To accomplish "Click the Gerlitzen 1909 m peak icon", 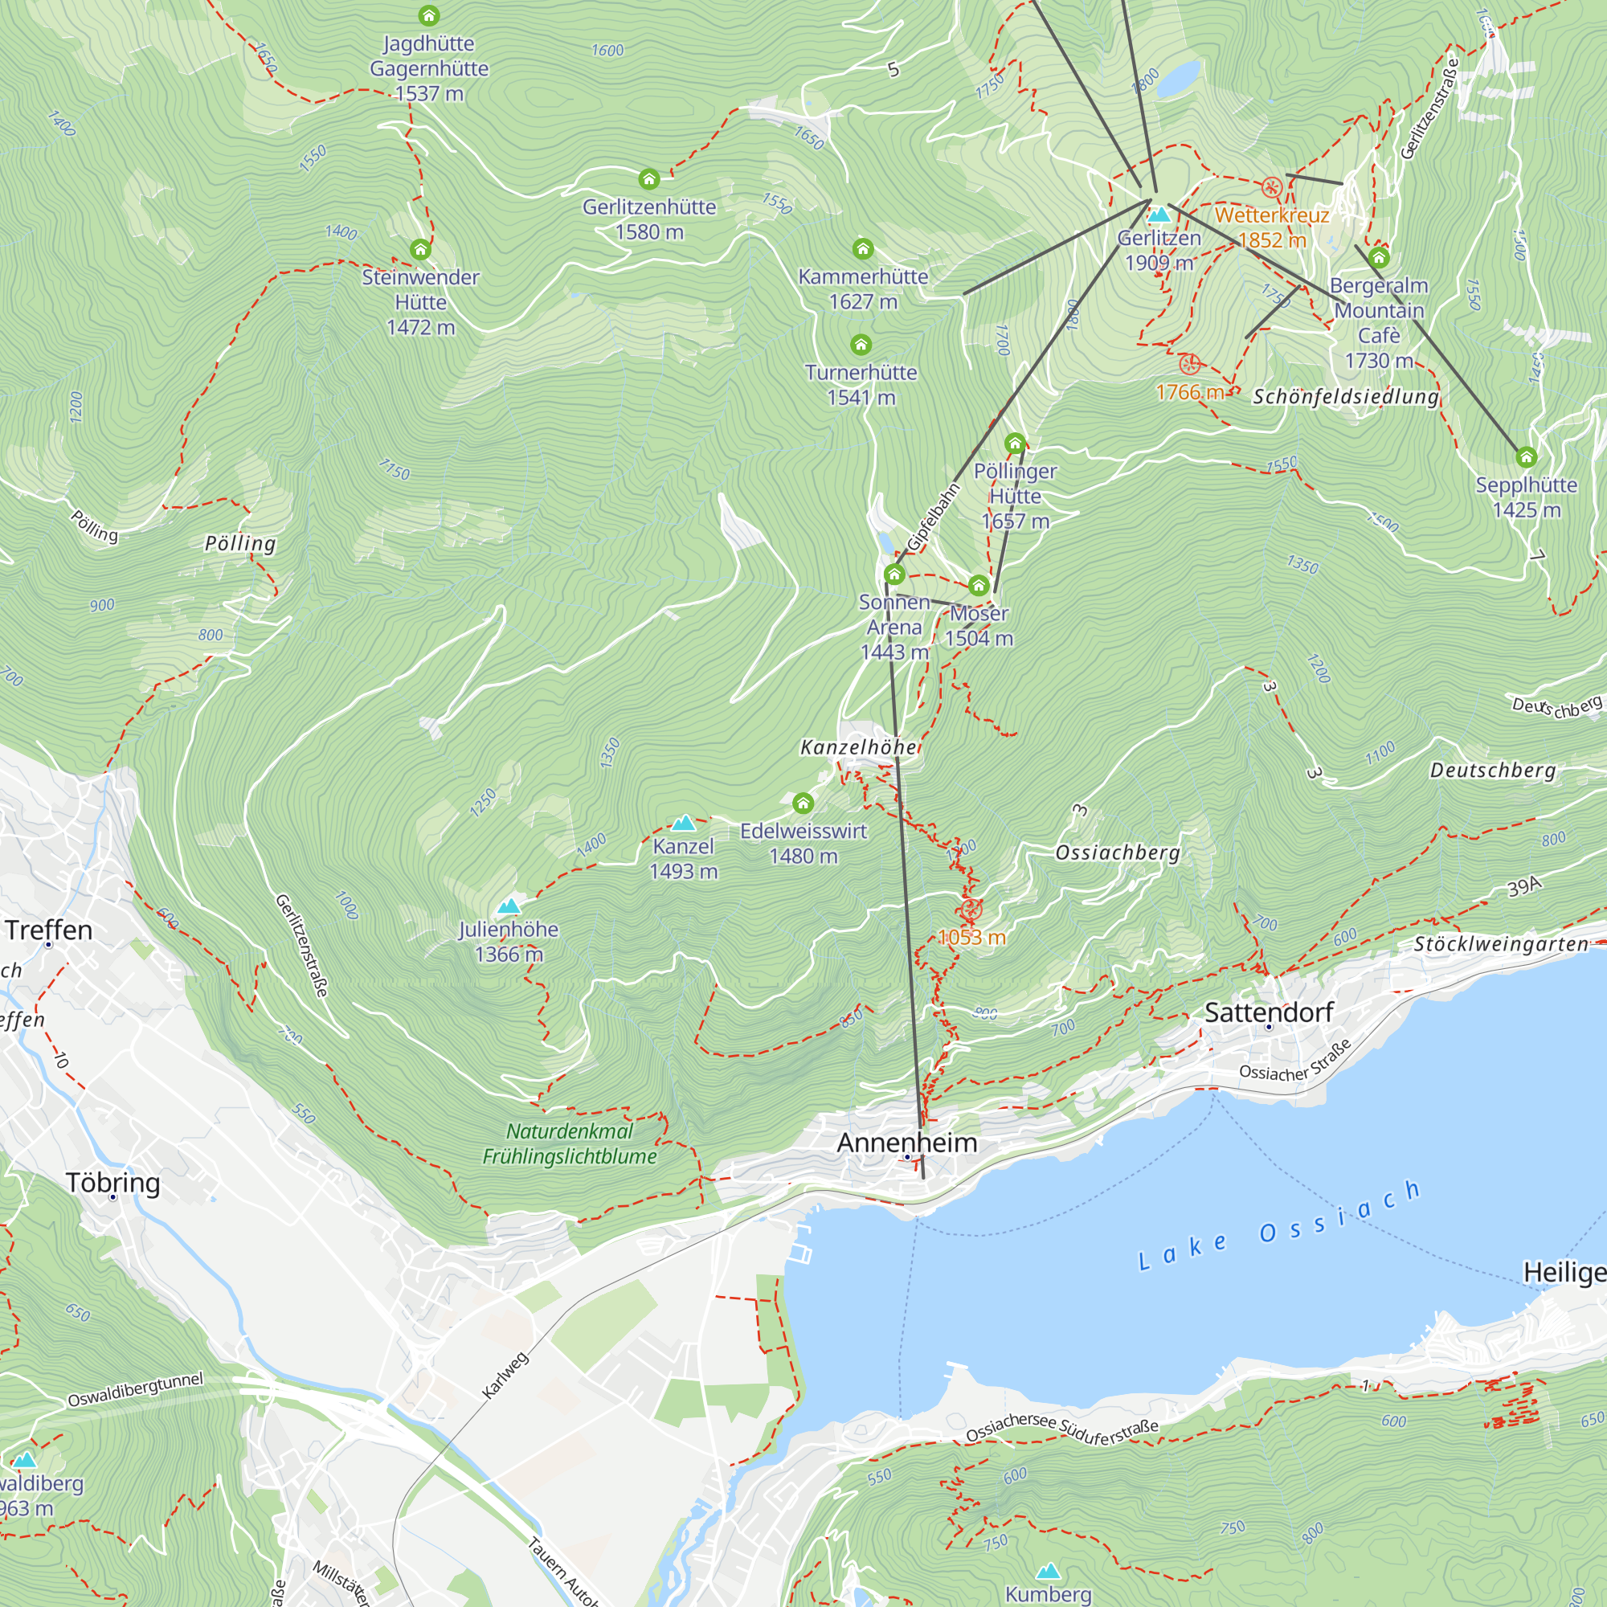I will pyautogui.click(x=1159, y=215).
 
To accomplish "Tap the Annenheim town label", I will pyautogui.click(x=906, y=1143).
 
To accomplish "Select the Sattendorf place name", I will pyautogui.click(x=1269, y=1012).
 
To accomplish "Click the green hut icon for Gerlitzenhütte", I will pyautogui.click(x=648, y=179).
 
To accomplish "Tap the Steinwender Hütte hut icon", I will pyautogui.click(x=420, y=250).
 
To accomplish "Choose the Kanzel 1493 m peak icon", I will pyautogui.click(x=683, y=824).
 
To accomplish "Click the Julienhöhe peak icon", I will pyautogui.click(x=509, y=906).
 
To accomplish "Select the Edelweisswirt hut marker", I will pyautogui.click(x=803, y=803).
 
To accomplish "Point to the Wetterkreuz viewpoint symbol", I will pyautogui.click(x=1271, y=187).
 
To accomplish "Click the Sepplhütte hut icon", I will pyautogui.click(x=1526, y=457).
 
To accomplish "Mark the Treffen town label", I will pyautogui.click(x=48, y=930).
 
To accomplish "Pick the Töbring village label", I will pyautogui.click(x=112, y=1182).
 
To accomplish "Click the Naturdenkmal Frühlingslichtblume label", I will pyautogui.click(x=570, y=1143).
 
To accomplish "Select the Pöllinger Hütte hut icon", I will pyautogui.click(x=1015, y=444).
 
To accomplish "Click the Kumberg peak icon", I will pyautogui.click(x=1048, y=1570).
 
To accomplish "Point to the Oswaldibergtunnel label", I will pyautogui.click(x=135, y=1390).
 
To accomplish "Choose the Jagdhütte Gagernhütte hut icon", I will pyautogui.click(x=428, y=16).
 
